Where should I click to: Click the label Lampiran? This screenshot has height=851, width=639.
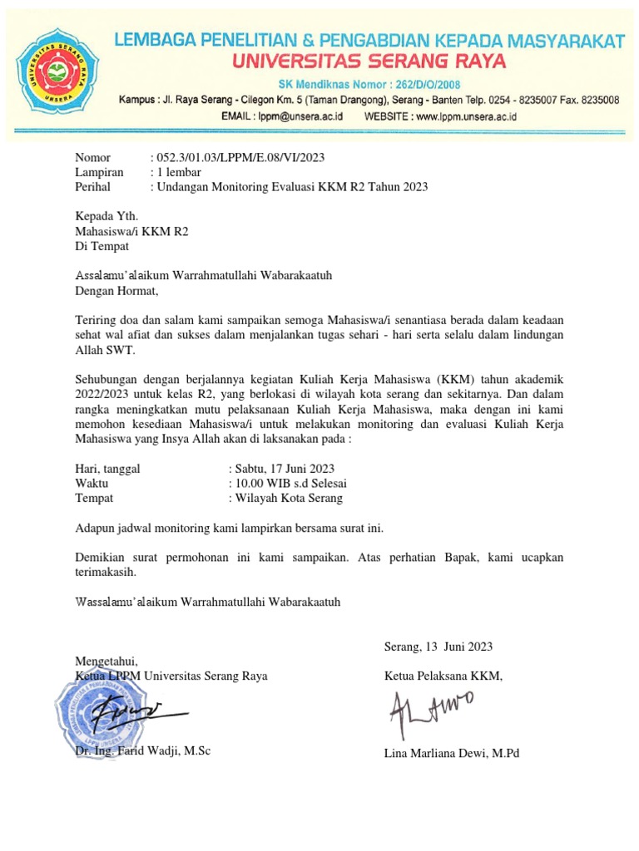[x=99, y=172]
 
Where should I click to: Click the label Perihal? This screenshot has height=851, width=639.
[x=94, y=187]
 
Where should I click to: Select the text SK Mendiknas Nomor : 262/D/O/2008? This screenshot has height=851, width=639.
[x=373, y=85]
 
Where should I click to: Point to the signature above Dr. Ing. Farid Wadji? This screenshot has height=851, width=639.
[x=137, y=713]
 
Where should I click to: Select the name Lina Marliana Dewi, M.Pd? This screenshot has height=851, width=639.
[x=451, y=754]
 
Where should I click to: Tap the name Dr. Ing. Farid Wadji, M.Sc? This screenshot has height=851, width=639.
[x=143, y=751]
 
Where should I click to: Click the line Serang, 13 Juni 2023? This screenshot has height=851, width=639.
[x=438, y=647]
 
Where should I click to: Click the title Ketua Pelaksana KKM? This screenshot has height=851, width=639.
[x=443, y=676]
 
